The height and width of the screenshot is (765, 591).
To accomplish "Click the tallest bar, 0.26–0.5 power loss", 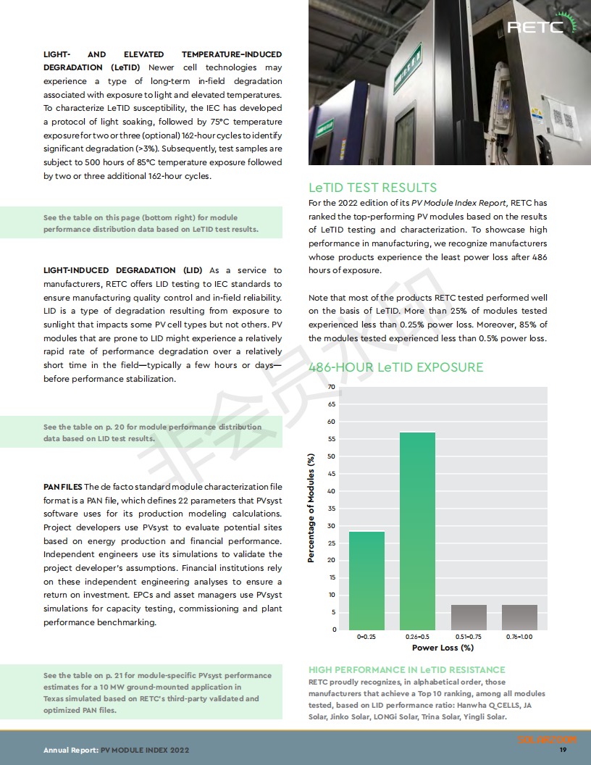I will click(417, 530).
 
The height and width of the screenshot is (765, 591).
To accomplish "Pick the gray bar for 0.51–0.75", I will click(469, 616).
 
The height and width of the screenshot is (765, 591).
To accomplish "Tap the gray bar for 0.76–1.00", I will click(519, 616).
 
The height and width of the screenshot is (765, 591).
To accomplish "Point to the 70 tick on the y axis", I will click(332, 387).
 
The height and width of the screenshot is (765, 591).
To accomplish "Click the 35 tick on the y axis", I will click(332, 508).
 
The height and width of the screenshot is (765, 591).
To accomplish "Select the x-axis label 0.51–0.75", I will click(469, 637).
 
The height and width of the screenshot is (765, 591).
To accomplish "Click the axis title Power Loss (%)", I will click(443, 648).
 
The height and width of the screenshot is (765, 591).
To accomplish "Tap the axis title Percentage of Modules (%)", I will click(311, 507).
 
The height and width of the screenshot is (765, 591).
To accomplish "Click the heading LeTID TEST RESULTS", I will click(372, 188).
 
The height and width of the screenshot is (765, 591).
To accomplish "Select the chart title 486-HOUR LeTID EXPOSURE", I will click(395, 367).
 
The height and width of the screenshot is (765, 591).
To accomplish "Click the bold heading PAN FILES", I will click(62, 487).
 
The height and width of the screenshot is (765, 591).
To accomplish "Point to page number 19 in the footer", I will click(562, 750).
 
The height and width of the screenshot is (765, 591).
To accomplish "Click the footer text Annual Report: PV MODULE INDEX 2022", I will click(116, 751).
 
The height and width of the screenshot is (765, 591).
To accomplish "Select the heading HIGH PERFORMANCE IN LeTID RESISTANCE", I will click(406, 670).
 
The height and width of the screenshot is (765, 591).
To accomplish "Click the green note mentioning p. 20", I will click(152, 432).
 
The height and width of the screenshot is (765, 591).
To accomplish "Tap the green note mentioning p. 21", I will click(152, 693).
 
